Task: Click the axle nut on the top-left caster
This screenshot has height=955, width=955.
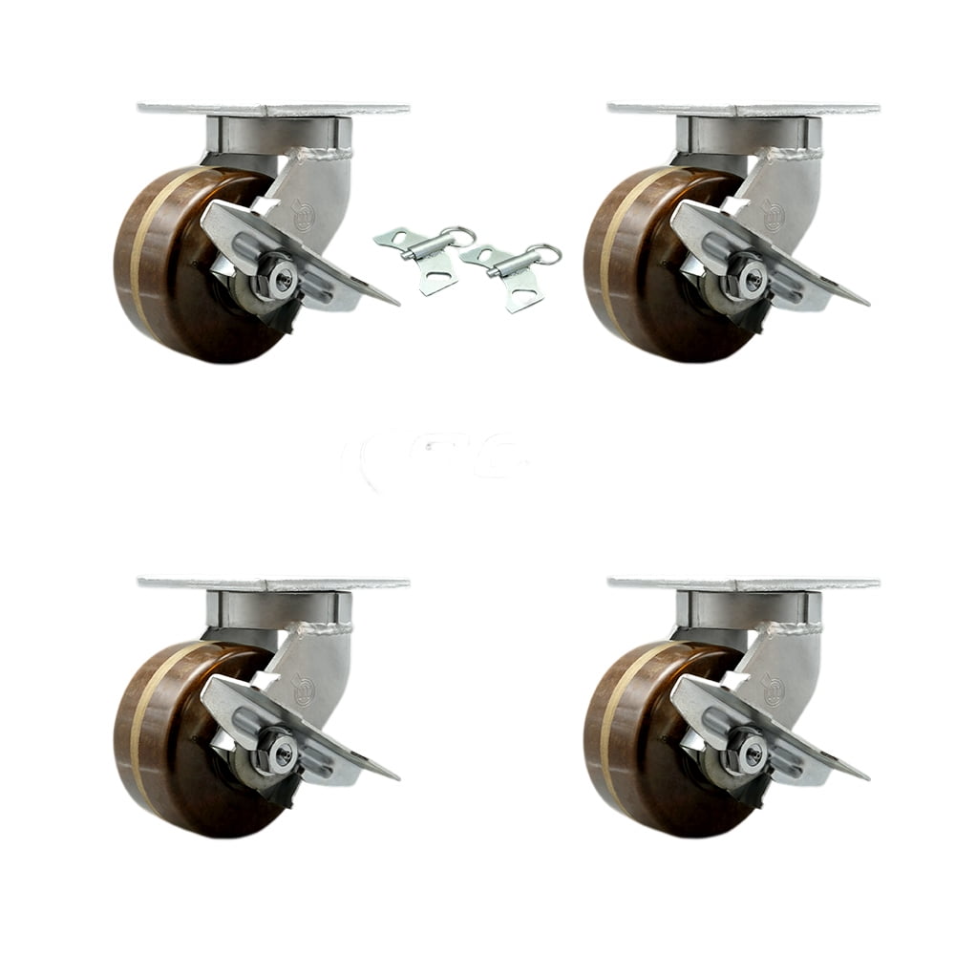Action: [x=283, y=278]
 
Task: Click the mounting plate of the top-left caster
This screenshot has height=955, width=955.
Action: [x=273, y=109]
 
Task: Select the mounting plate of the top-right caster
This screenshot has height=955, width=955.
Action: [x=743, y=109]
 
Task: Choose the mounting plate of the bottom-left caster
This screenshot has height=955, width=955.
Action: [x=273, y=583]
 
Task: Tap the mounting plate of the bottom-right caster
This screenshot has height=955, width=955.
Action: [x=743, y=583]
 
